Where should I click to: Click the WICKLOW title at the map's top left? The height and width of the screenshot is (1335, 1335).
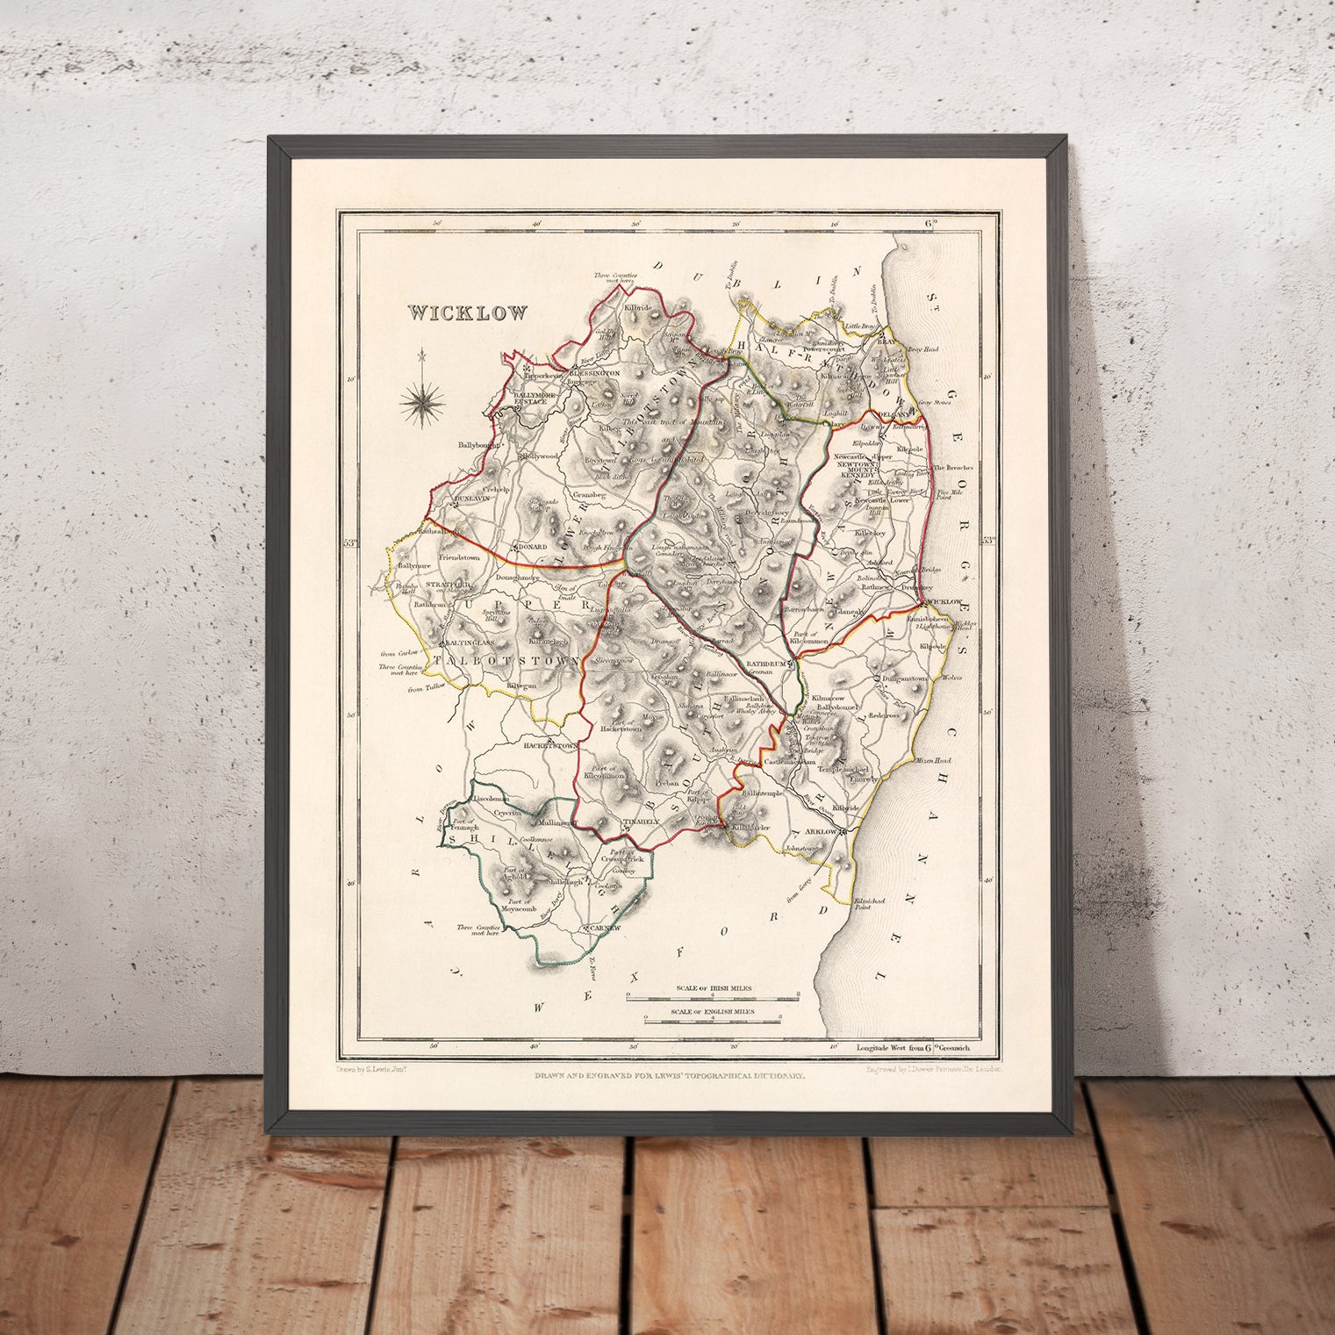click(467, 312)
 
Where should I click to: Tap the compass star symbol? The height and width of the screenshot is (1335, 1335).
click(422, 401)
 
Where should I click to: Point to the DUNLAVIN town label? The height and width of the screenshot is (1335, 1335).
click(470, 499)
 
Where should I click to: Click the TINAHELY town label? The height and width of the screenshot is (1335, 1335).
click(639, 822)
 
